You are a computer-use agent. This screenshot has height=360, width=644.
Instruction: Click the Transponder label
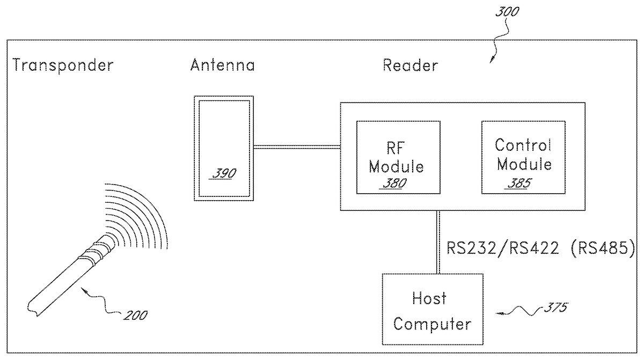click(63, 65)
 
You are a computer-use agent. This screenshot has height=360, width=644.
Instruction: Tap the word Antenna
click(222, 65)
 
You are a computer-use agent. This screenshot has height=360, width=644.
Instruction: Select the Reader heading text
click(410, 65)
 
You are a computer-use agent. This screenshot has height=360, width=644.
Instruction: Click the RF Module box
click(398, 157)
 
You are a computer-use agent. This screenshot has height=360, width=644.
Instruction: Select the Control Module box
click(523, 157)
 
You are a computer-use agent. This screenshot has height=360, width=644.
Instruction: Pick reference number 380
click(394, 183)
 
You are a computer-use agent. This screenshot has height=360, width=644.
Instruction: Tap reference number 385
click(519, 183)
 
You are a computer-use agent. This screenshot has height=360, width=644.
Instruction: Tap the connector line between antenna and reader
click(297, 146)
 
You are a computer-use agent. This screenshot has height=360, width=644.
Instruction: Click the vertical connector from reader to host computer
click(438, 241)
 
